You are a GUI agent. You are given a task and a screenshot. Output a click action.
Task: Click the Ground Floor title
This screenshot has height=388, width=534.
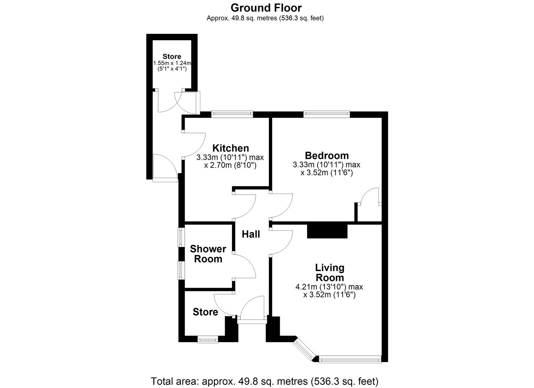266,8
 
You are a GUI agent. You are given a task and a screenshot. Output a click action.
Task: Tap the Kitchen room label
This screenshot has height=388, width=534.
231,148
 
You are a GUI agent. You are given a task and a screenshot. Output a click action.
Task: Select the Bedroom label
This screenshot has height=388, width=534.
327,156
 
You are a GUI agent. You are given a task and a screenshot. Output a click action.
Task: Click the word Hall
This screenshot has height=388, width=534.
251,235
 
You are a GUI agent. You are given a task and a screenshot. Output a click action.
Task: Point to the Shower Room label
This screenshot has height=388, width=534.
208,254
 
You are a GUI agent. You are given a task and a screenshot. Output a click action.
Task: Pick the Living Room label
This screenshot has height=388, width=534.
329,273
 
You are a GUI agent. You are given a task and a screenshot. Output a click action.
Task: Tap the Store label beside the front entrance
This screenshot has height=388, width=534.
205,312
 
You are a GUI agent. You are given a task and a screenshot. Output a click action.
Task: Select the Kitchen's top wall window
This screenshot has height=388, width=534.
232,114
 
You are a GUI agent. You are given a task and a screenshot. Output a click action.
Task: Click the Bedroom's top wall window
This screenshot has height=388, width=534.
327,114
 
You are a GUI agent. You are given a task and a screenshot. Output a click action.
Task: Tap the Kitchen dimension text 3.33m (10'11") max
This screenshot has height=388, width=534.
230,157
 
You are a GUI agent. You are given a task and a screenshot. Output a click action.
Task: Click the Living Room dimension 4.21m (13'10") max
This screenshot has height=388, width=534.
329,287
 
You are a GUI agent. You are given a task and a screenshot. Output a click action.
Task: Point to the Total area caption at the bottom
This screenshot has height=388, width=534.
265,381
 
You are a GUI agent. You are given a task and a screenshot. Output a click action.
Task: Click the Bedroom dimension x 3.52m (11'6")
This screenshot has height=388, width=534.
327,173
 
